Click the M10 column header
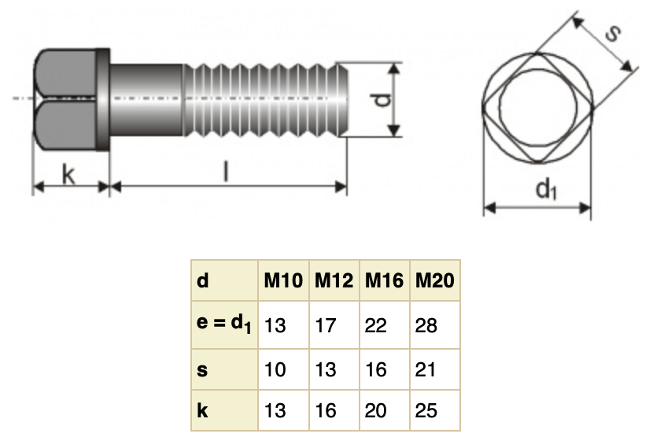[282, 280]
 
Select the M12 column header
[335, 280]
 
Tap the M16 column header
[384, 280]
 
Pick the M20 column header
[434, 280]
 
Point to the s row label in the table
[202, 369]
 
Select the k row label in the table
[202, 410]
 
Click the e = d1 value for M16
[376, 325]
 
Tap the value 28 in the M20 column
[426, 325]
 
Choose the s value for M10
[275, 369]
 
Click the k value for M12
[326, 410]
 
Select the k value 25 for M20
[426, 410]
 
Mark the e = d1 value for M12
[326, 325]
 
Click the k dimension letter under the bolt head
[68, 174]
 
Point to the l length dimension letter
[226, 172]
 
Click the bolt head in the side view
[71, 98]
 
